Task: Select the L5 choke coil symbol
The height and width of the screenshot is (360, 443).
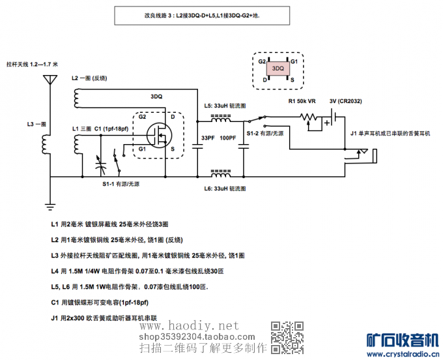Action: (x=220, y=119)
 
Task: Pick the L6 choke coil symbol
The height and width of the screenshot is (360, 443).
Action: (x=220, y=174)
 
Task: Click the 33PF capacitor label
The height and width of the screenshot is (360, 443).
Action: (x=208, y=138)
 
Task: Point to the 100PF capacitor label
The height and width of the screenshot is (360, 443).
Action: (x=228, y=138)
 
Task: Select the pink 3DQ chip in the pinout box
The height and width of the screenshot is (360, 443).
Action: (x=278, y=68)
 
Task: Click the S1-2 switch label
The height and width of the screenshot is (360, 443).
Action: (x=264, y=133)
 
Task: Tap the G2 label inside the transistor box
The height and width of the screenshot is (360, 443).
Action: (x=142, y=117)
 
